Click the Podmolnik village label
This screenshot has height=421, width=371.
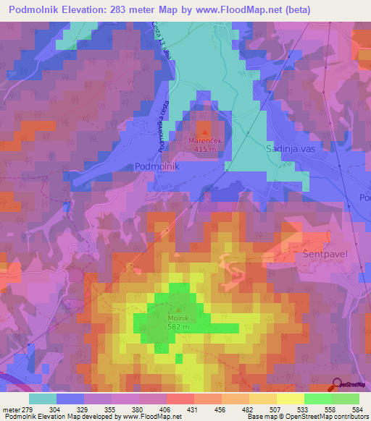coord(157,166)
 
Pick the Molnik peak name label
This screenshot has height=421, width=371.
coord(179,318)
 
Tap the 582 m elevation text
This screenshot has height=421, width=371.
coord(179,327)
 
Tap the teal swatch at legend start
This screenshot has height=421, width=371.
coord(42,399)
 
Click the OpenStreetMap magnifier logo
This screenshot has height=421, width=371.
coord(336,384)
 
